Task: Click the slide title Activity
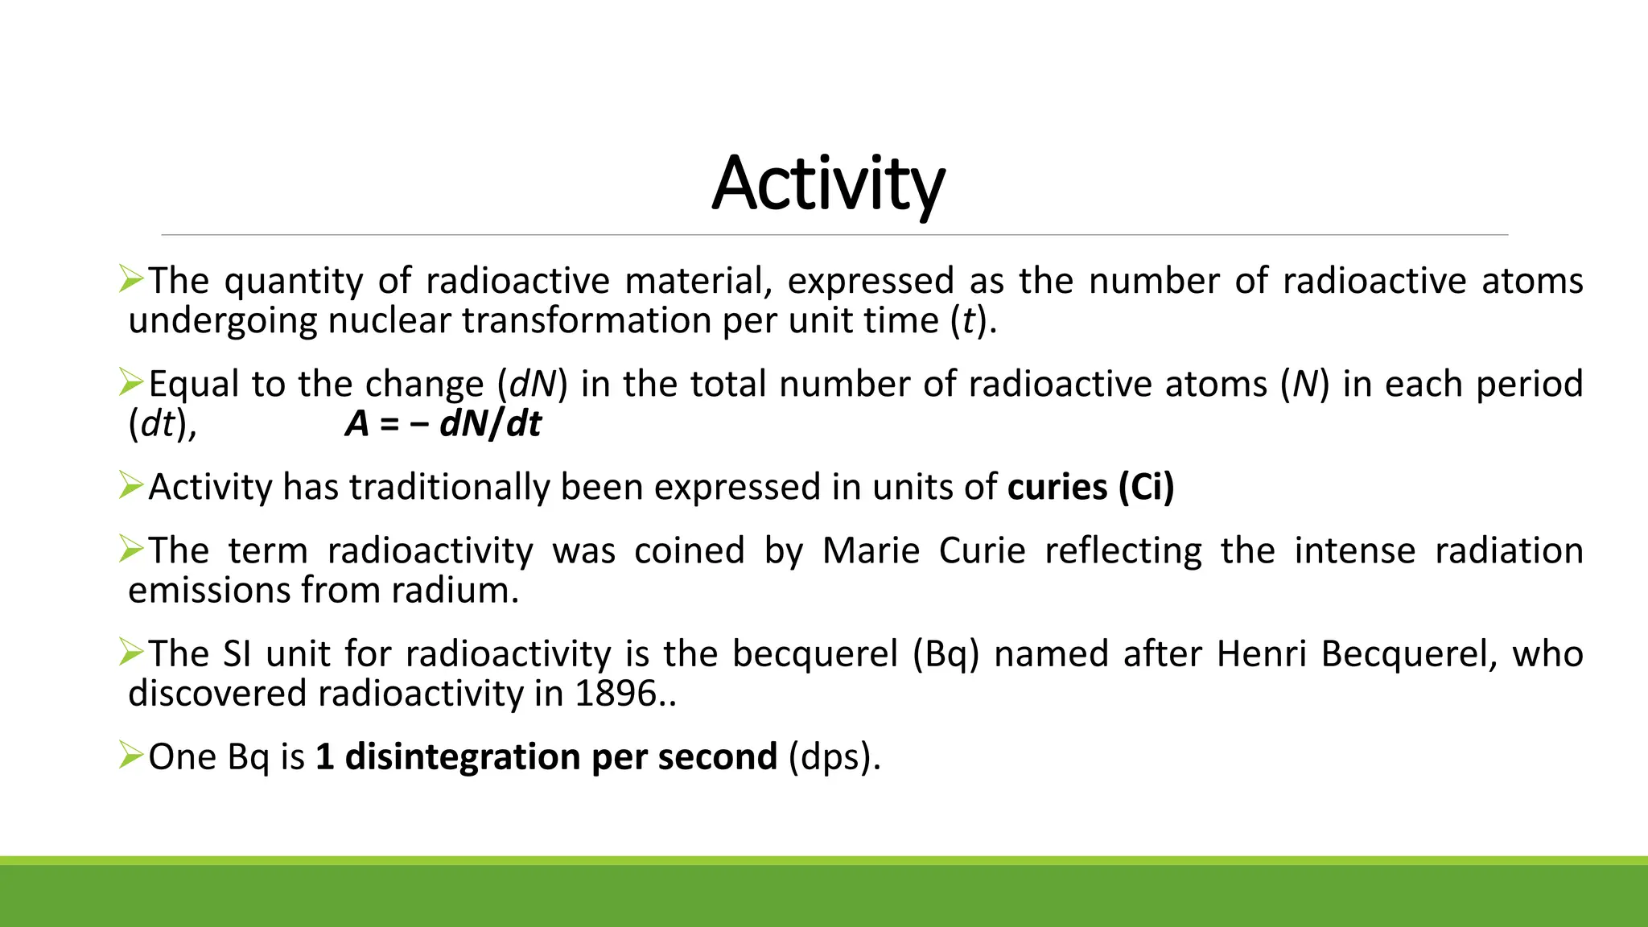pyautogui.click(x=828, y=183)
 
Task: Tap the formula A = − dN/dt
pyautogui.click(x=443, y=424)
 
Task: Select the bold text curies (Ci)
pyautogui.click(x=1090, y=488)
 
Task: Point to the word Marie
pyautogui.click(x=871, y=551)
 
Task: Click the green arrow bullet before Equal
pyautogui.click(x=130, y=382)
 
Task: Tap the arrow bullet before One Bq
pyautogui.click(x=130, y=756)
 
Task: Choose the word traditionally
pyautogui.click(x=449, y=488)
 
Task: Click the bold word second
pyautogui.click(x=717, y=757)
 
